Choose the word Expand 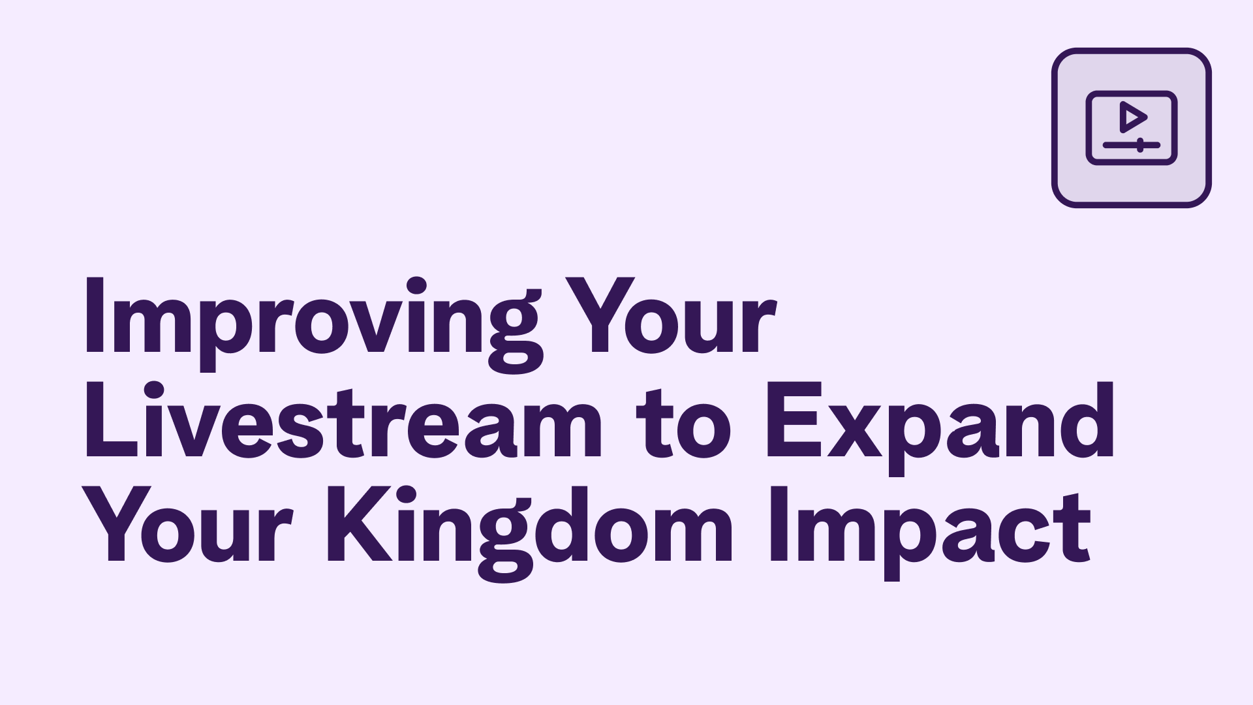coord(940,424)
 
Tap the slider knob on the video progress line coord(1139,144)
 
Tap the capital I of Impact coord(780,526)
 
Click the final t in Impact coord(1076,532)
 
